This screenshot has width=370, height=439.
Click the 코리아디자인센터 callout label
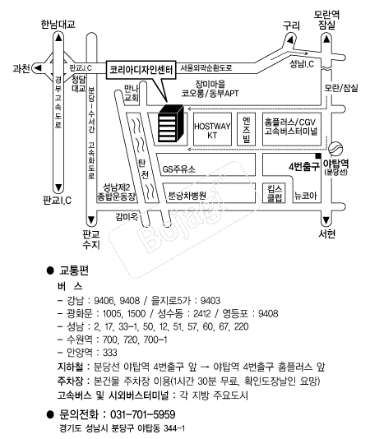[x=141, y=69]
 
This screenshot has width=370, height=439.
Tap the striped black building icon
[x=170, y=123]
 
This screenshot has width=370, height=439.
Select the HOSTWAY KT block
[x=212, y=129]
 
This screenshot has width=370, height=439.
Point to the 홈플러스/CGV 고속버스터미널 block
[x=291, y=129]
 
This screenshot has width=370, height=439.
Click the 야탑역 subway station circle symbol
[x=335, y=148]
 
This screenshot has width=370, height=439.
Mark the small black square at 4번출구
[x=318, y=155]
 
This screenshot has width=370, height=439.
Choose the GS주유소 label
[x=179, y=169]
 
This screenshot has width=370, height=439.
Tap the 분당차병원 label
[x=187, y=195]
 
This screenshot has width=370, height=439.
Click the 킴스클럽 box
[x=274, y=193]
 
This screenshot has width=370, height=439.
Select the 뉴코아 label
[x=305, y=195]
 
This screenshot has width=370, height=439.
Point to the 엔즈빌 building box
[x=246, y=129]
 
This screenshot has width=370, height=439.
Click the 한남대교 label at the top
[x=58, y=24]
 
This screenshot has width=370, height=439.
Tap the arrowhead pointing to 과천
[x=38, y=67]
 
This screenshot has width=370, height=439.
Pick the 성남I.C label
[x=302, y=64]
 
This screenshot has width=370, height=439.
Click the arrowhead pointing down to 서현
[x=326, y=220]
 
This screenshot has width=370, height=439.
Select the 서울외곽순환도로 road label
[x=206, y=67]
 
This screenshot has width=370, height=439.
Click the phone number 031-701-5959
[x=143, y=414]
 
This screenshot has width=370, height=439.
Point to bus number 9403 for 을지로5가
[x=210, y=300]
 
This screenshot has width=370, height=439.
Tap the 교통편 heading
[x=74, y=270]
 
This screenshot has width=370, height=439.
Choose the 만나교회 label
[x=131, y=93]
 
